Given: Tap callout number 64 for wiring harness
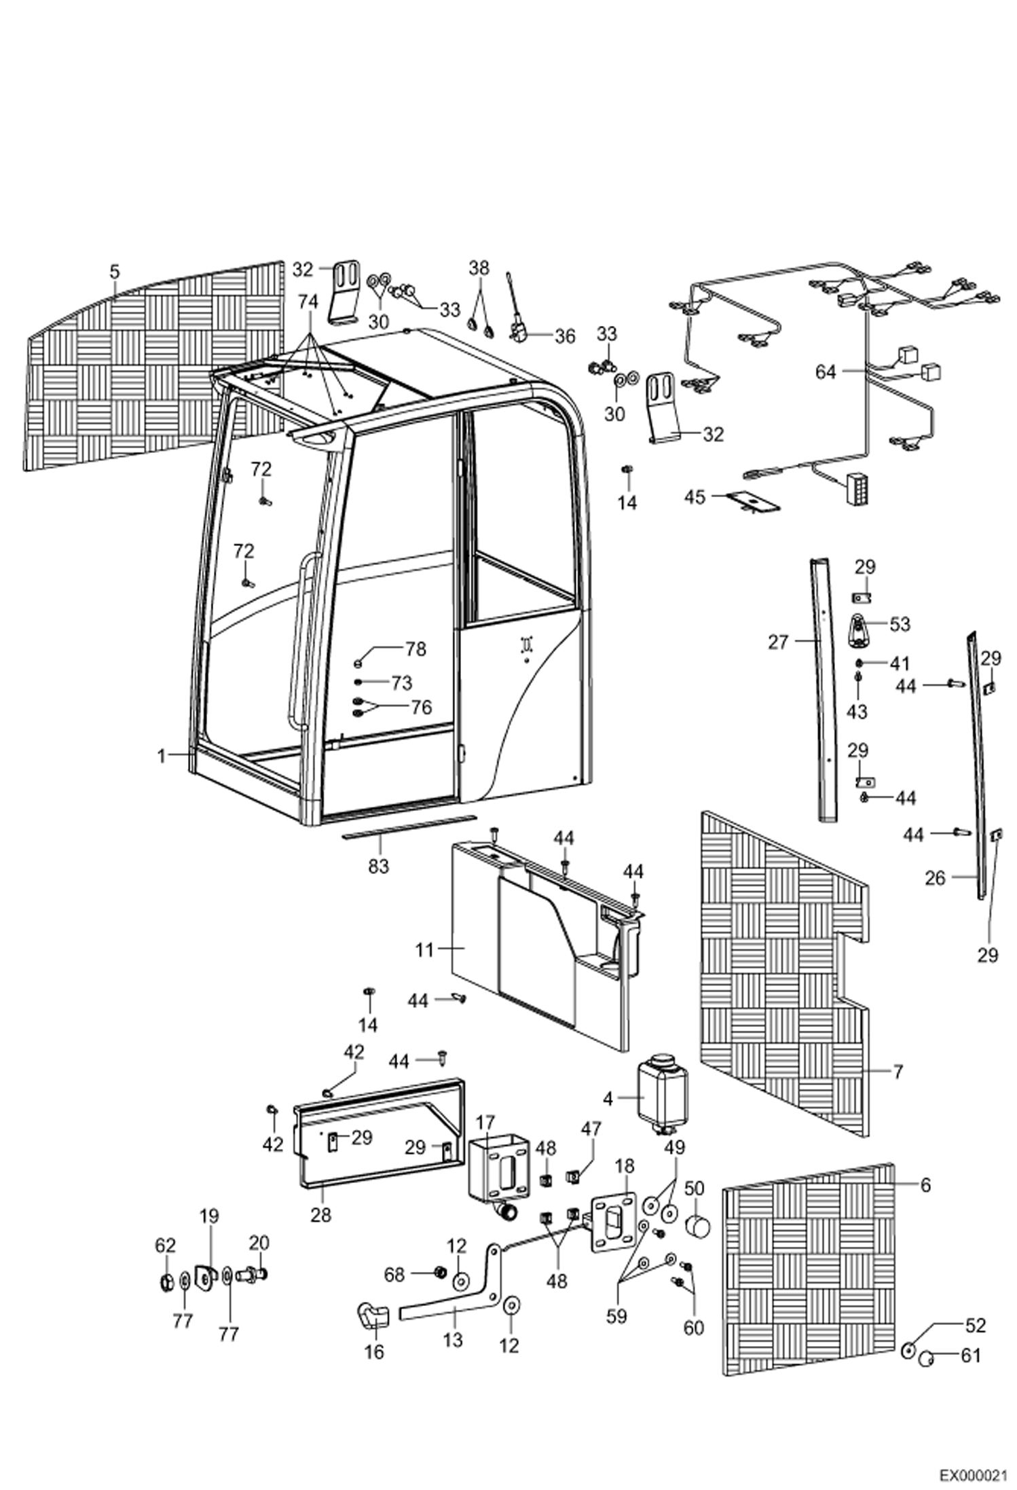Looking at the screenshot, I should point(825,372).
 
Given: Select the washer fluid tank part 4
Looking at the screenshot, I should point(661,1095).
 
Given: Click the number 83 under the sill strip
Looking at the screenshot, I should point(379,866).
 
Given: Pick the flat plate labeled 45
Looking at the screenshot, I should point(752,500).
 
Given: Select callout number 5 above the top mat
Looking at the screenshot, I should point(114,272).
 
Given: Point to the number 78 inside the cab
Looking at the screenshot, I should point(415,649).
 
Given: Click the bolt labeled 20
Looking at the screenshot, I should point(253,1275).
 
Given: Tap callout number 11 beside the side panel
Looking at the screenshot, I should point(424,949).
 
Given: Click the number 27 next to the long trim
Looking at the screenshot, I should point(778,642).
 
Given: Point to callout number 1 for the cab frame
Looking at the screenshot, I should point(162,755).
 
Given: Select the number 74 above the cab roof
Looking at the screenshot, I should point(308,302).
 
